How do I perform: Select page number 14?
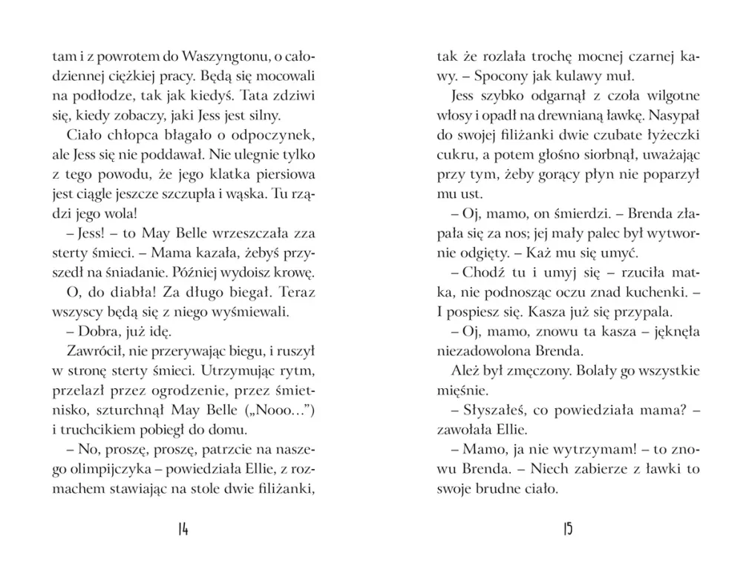point(183,529)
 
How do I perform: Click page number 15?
point(568,529)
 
